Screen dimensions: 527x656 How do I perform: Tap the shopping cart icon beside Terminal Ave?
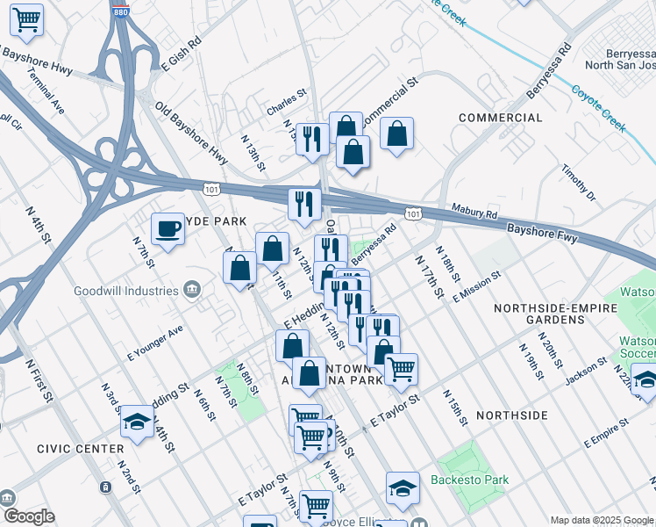point(27,19)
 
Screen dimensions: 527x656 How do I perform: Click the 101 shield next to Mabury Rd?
point(413,213)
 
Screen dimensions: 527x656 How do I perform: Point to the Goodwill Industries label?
point(126,291)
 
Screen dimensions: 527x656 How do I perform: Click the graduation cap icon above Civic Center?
point(138,421)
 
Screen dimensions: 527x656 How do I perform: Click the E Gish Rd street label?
point(182,54)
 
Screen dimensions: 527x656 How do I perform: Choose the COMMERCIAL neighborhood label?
point(500,118)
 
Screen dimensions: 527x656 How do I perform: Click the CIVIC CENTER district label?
point(80,449)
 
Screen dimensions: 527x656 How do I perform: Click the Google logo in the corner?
point(29,516)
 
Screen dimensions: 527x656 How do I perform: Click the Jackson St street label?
point(586,372)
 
